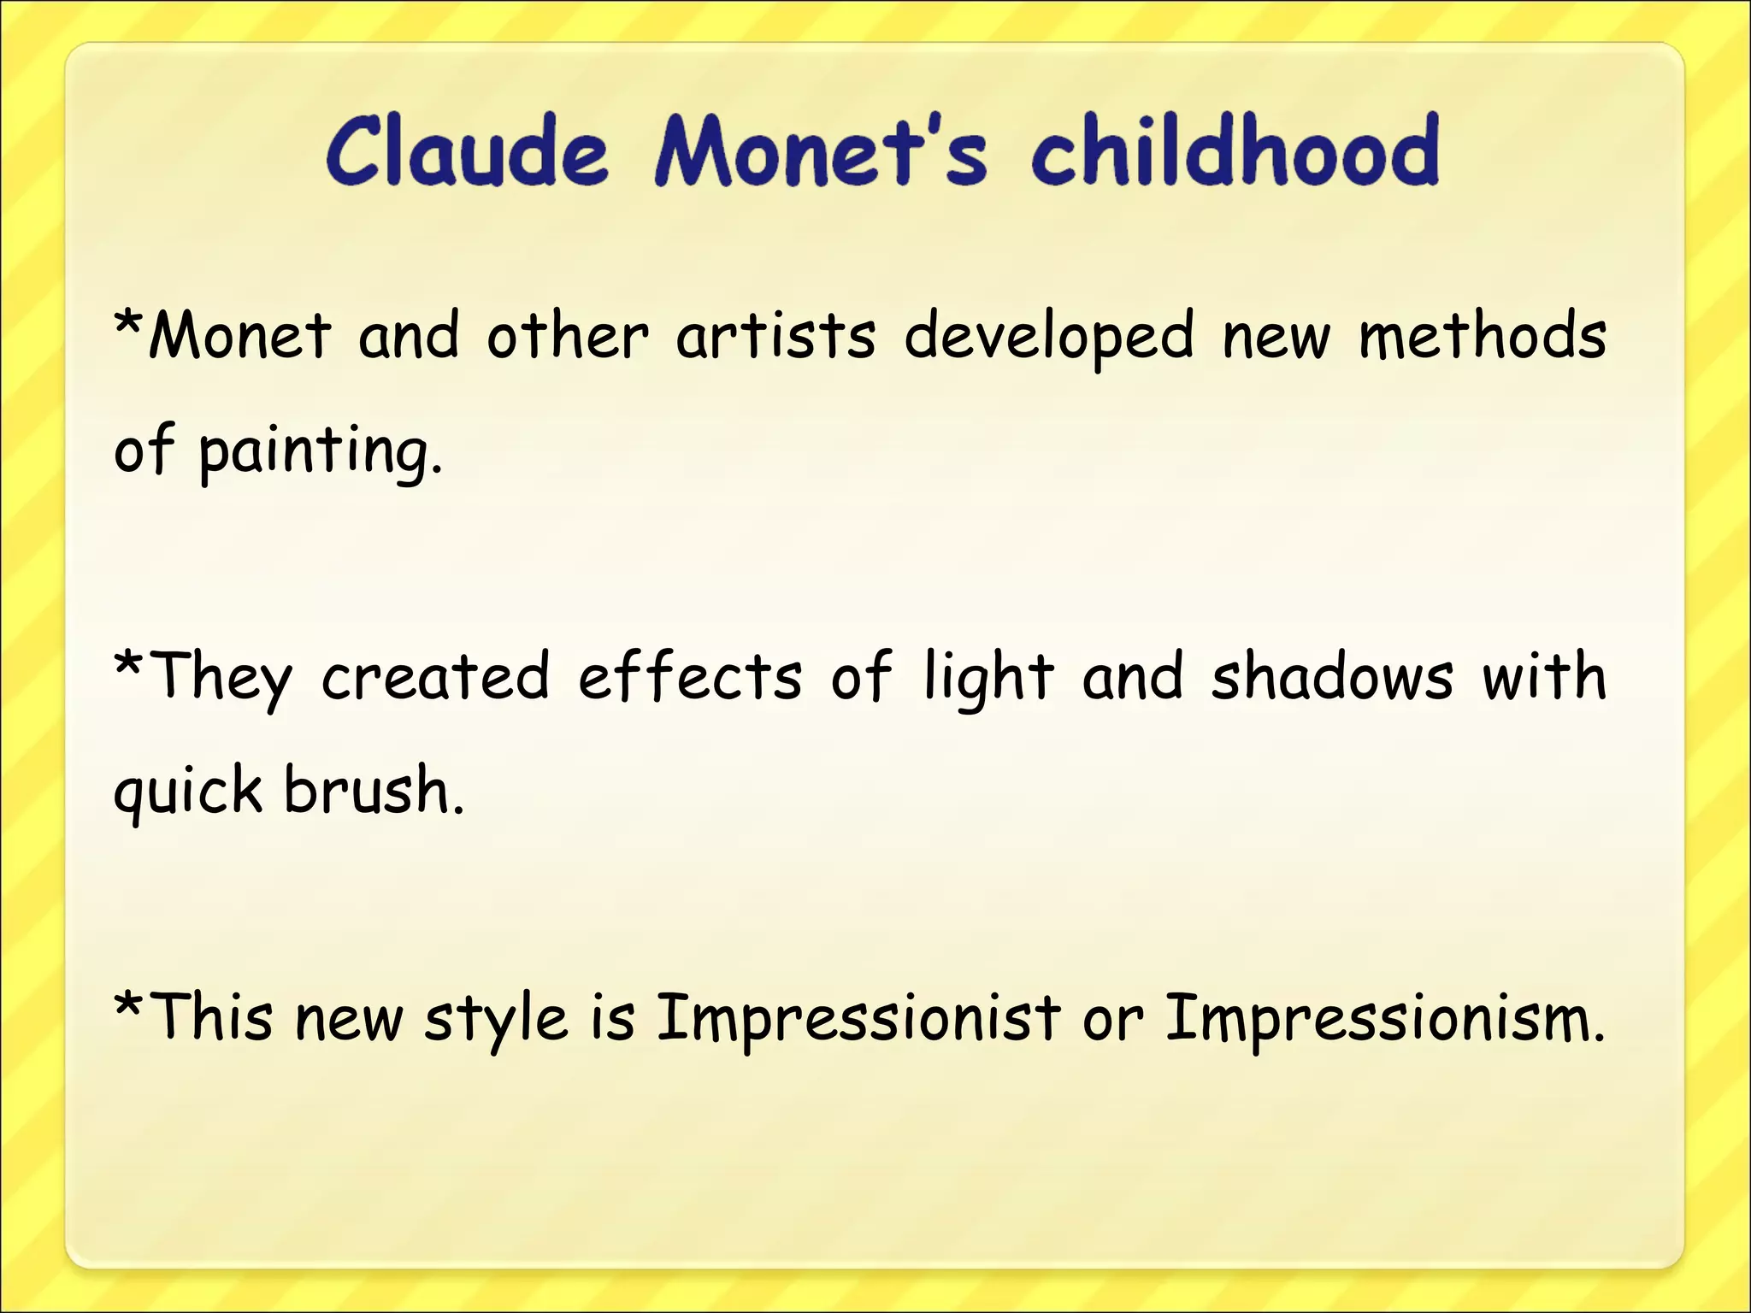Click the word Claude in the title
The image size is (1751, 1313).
(x=466, y=152)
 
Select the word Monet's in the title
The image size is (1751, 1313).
(x=821, y=152)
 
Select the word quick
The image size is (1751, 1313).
(x=188, y=792)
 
